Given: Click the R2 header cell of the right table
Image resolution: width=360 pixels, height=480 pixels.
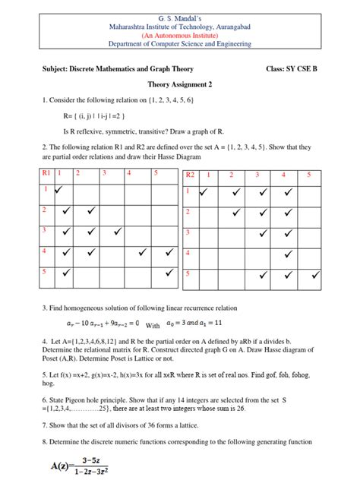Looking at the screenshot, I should tap(191, 175).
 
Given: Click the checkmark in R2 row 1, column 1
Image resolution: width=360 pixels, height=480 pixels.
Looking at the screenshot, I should tap(204, 193).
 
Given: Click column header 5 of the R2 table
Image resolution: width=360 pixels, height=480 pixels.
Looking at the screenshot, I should tap(309, 175).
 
